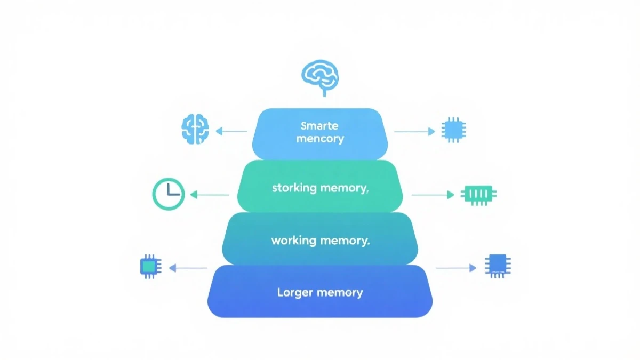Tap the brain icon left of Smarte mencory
click(195, 129)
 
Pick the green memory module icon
click(478, 194)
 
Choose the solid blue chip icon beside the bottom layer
click(498, 265)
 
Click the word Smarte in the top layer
click(320, 126)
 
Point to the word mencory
click(320, 139)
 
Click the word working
click(294, 241)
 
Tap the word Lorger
click(295, 292)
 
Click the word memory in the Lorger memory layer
click(340, 292)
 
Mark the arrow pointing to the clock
click(210, 195)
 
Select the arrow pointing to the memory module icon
click(433, 195)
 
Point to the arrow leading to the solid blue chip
click(456, 268)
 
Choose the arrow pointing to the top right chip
click(415, 131)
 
